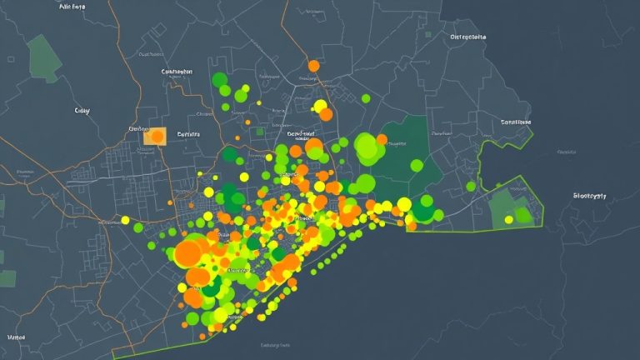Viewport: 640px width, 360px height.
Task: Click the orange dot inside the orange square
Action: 157,135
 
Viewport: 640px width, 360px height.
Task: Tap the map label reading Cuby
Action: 82,110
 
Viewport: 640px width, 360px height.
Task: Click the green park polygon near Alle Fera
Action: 42,57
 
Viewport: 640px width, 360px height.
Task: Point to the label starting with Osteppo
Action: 467,37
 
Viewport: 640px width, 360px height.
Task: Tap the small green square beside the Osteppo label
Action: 428,36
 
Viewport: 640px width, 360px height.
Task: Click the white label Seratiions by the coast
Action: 515,122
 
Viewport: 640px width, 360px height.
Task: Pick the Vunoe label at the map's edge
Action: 16,337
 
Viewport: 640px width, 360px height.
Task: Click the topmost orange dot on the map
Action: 313,65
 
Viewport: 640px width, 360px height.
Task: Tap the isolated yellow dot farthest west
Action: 126,221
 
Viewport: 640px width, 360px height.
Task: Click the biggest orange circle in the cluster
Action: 187,252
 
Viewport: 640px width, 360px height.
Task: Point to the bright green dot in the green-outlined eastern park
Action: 522,215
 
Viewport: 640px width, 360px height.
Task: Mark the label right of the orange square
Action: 189,133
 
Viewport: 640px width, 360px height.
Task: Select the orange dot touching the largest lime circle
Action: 382,140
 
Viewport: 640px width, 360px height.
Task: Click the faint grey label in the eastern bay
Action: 567,152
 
